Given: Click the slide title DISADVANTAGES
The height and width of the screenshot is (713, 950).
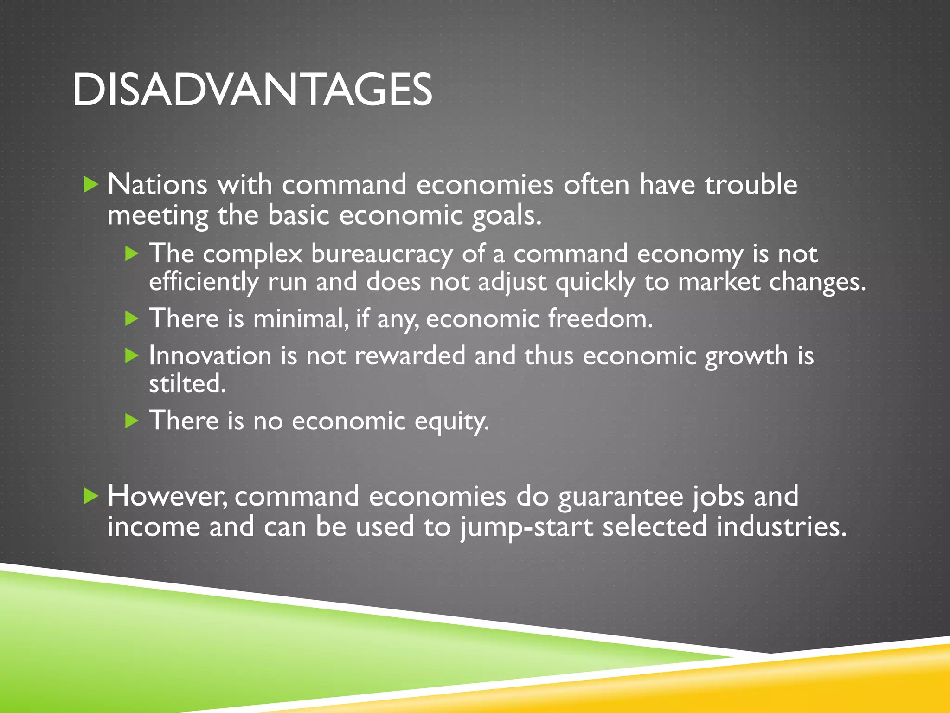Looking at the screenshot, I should tap(252, 90).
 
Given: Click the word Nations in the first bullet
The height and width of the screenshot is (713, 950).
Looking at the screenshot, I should tap(157, 185).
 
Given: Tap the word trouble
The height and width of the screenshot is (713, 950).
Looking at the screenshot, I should tap(751, 185).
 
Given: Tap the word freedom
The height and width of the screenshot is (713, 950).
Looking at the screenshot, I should tap(600, 319).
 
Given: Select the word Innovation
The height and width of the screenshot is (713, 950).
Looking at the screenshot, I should tap(210, 356).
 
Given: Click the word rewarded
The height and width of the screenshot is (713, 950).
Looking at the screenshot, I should tap(410, 356).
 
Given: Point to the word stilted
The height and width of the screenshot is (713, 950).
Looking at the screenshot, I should tap(187, 384).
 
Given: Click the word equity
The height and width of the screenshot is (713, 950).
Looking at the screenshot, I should tap(451, 421).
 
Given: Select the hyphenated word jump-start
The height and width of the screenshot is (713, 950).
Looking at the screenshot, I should tap(526, 527).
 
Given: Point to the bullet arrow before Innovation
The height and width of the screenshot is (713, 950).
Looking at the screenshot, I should tap(132, 356).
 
